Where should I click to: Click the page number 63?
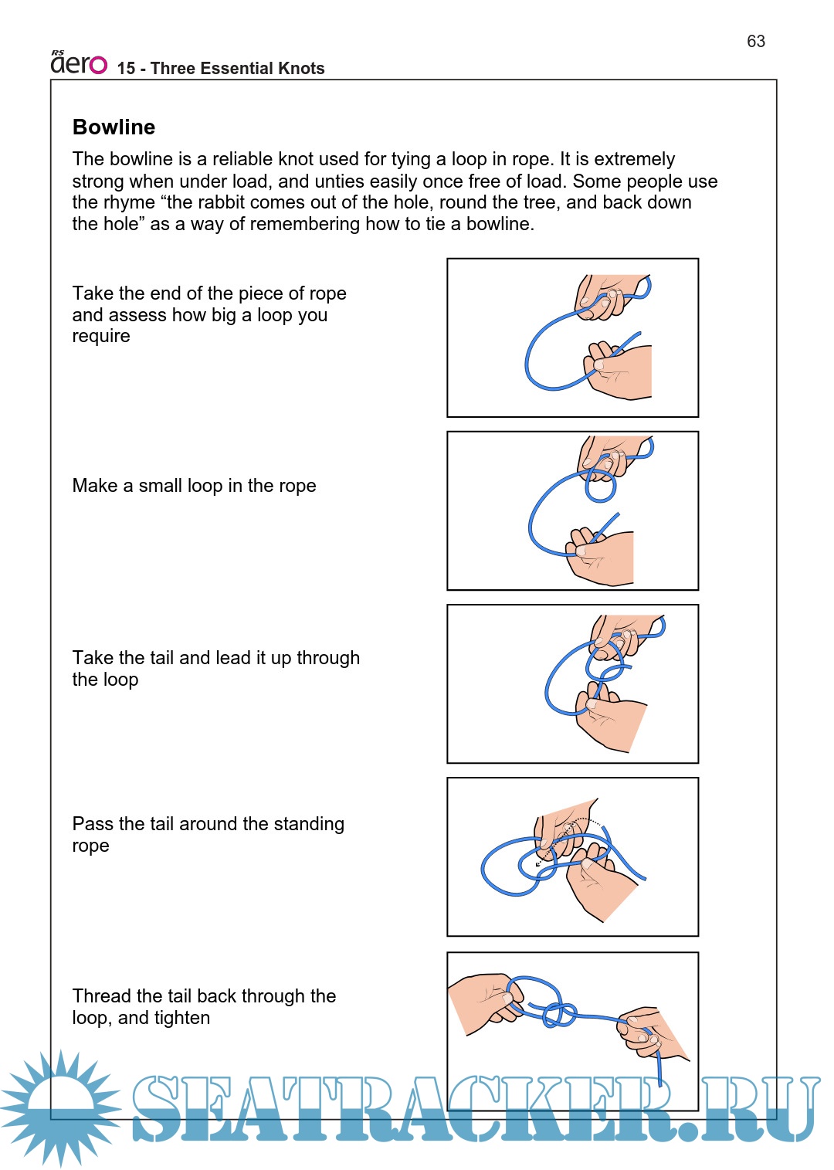755,42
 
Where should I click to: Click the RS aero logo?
79,63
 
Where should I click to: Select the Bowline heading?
114,127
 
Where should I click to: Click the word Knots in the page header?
301,69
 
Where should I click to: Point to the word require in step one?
101,337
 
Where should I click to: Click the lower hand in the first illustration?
621,372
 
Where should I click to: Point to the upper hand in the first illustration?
606,295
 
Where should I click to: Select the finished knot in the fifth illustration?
559,1012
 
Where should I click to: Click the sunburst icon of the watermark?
60,1108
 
